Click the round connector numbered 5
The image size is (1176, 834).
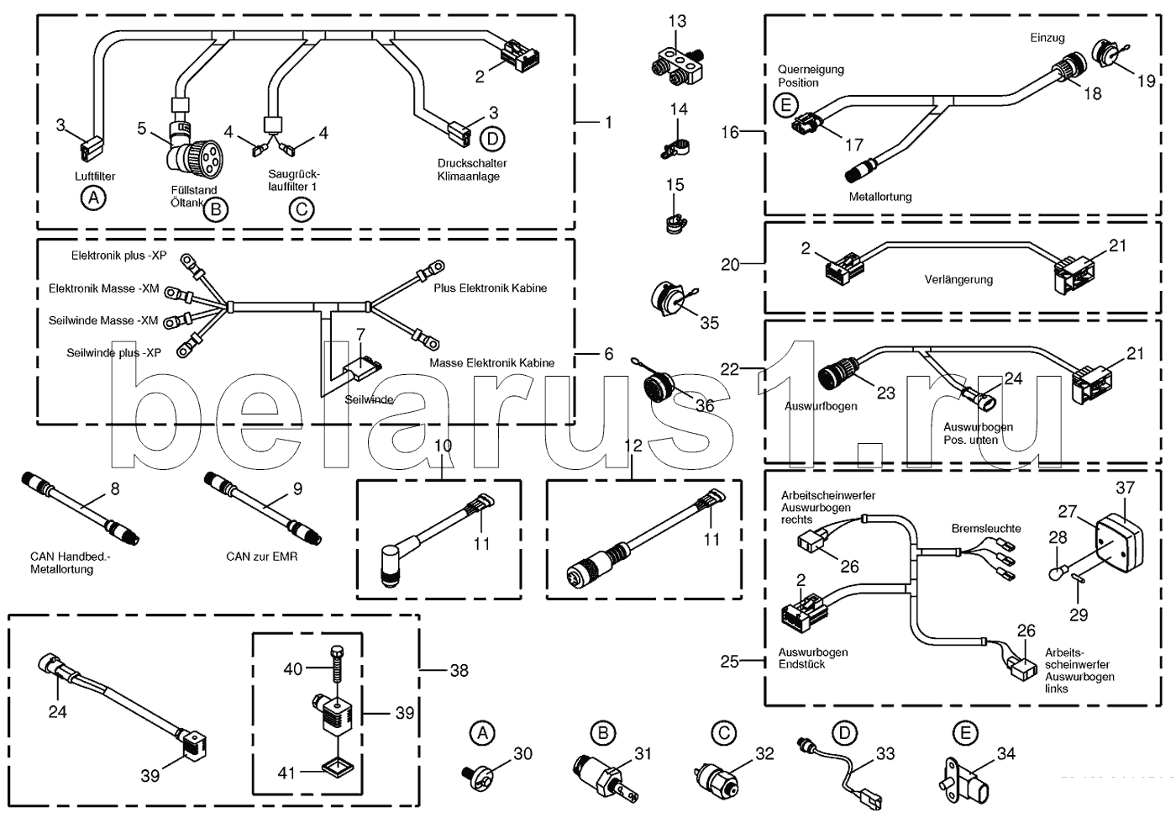coord(192,155)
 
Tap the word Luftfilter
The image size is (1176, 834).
coord(95,177)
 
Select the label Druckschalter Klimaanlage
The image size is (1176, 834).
coord(471,170)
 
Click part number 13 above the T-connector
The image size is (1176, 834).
coord(677,21)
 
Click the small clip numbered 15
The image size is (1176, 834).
coord(675,224)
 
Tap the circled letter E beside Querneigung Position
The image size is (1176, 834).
coord(785,104)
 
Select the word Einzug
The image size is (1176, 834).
coord(1047,38)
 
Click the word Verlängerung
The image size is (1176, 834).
coord(958,280)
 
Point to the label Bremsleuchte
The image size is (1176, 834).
coord(986,529)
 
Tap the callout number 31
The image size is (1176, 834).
coord(643,754)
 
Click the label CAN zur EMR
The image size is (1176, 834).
coord(261,557)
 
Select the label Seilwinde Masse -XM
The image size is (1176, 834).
coord(103,320)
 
